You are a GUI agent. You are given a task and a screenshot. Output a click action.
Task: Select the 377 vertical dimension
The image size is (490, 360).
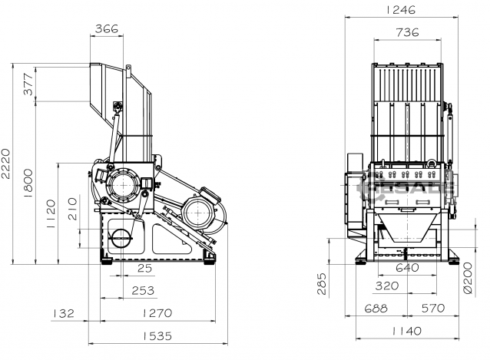point(28,84)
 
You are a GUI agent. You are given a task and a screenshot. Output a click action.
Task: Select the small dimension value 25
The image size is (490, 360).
point(144,269)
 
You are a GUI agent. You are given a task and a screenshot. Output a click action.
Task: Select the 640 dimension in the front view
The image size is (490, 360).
point(408,268)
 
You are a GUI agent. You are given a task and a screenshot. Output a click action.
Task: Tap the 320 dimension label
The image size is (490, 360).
point(387,286)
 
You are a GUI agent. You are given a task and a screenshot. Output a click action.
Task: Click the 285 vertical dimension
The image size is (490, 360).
point(323,283)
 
